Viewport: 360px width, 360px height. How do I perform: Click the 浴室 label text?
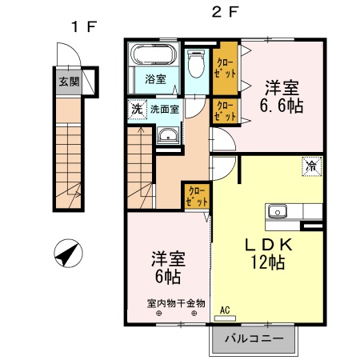coord(156,79)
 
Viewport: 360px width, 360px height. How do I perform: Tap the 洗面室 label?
coord(163,108)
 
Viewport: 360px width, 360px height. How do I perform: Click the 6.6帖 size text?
coord(280,106)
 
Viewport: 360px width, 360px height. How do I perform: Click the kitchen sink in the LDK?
coord(278,212)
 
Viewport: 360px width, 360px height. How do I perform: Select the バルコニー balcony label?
coord(254,339)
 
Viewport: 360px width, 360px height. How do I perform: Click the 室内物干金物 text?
coord(176,303)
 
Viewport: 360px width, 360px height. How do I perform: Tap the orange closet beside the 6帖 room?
coord(196,194)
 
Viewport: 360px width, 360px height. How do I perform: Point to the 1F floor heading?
coord(83,26)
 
